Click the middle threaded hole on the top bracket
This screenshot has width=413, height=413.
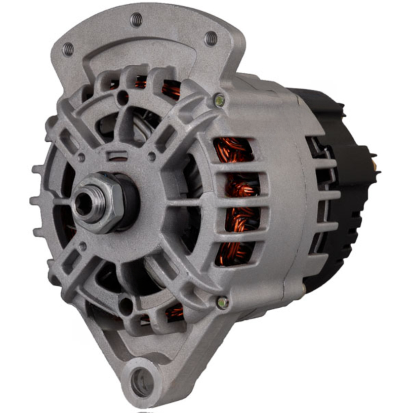pyautogui.click(x=136, y=20)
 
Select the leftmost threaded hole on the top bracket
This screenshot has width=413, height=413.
pyautogui.click(x=68, y=49)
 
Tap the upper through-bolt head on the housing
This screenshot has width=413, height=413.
pyautogui.click(x=219, y=100)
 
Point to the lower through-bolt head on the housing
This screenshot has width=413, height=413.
pyautogui.click(x=222, y=302)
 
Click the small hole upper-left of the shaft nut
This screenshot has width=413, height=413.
pyautogui.click(x=81, y=158)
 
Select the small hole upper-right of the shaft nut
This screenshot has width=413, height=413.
pyautogui.click(x=151, y=157)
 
